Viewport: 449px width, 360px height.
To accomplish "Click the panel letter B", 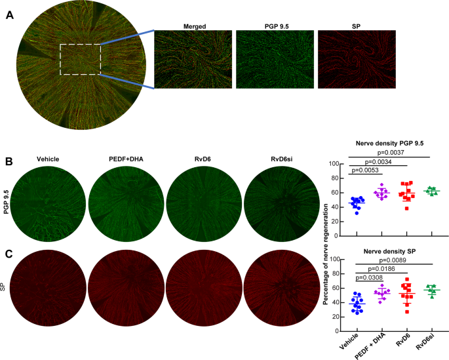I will [10, 161].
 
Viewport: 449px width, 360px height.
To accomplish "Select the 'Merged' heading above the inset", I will [192, 26].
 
